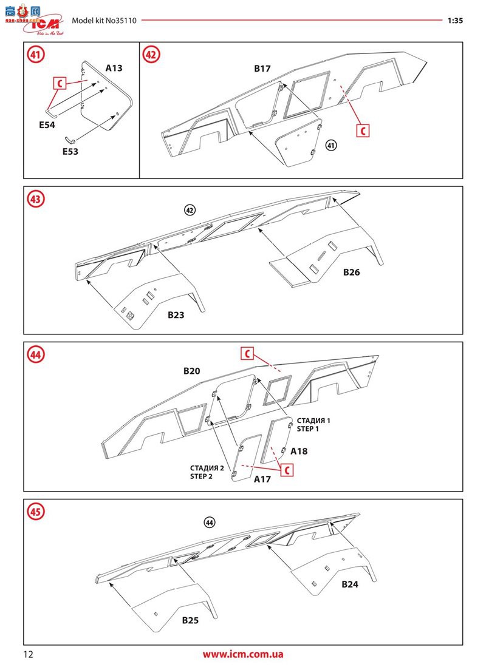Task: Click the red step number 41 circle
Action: pos(35,55)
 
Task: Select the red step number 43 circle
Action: pos(35,198)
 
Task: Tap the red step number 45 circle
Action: pos(35,512)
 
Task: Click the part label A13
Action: pos(114,68)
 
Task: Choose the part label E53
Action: pos(70,151)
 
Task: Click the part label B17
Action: pos(262,69)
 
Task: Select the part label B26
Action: pos(351,272)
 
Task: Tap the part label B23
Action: pos(176,315)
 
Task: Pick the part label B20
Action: pos(192,370)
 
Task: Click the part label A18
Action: pos(299,451)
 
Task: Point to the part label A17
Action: pos(262,479)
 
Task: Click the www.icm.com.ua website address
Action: pos(243,654)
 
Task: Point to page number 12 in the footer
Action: pos(29,654)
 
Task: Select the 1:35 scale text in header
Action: pos(455,20)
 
